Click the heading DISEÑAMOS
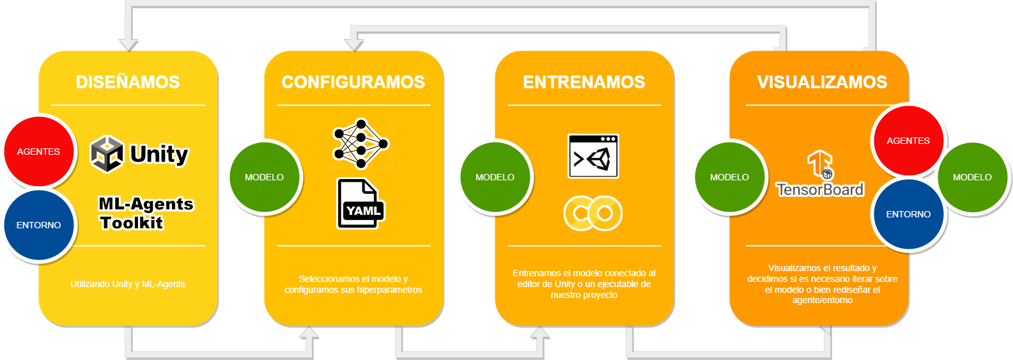(128, 82)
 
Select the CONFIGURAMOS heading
(353, 82)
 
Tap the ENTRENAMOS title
(584, 82)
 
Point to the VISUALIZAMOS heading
(822, 82)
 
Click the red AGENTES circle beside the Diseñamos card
(38, 152)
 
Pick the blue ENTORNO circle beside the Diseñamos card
(38, 225)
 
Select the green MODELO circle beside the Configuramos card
(264, 177)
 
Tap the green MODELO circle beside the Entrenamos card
(495, 177)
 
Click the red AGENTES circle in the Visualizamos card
(908, 141)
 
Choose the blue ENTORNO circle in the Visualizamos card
(908, 214)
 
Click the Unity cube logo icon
(107, 154)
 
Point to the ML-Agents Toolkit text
(146, 213)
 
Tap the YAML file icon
(360, 204)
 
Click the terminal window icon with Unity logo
(593, 156)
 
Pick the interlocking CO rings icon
(592, 213)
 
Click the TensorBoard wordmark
(820, 189)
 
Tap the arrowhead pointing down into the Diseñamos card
(128, 44)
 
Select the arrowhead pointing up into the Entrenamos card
(539, 333)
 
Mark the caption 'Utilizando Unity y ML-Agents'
(128, 284)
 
